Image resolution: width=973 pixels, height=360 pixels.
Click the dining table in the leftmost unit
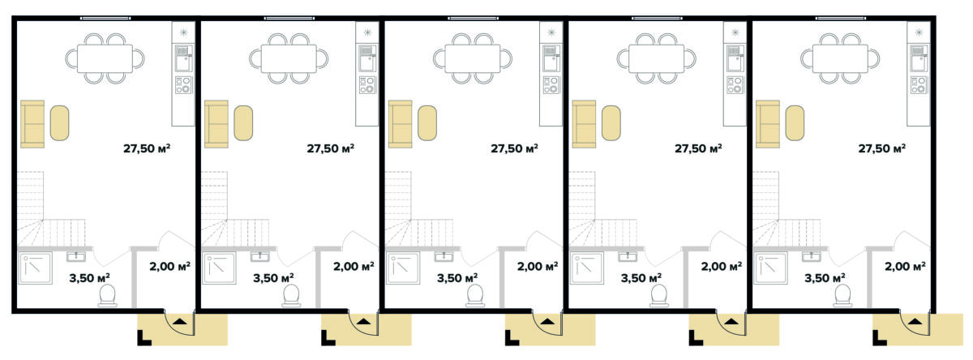[105, 58]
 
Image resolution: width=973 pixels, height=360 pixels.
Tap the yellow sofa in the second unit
[216, 124]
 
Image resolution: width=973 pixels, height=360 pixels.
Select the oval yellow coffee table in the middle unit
[427, 123]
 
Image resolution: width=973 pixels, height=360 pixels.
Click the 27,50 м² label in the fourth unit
[698, 148]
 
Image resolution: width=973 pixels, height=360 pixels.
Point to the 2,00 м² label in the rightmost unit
[905, 266]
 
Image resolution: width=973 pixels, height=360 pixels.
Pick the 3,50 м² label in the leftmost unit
[89, 278]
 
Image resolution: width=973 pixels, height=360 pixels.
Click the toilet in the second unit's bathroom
[291, 295]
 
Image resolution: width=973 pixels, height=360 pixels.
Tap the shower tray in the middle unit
[403, 268]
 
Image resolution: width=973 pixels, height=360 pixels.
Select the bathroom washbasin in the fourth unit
[628, 256]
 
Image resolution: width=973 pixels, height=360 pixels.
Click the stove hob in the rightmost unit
[919, 84]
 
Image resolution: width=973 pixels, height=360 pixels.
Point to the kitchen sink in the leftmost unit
[183, 58]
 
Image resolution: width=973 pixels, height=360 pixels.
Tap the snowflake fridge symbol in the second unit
[367, 32]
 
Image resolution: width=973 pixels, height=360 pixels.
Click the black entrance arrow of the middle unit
[547, 322]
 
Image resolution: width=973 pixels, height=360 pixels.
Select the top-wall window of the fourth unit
[657, 18]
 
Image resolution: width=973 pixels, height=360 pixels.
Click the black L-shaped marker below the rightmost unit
[880, 338]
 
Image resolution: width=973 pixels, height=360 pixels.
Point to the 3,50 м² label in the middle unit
[457, 278]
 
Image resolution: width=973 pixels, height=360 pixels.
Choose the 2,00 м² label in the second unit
[354, 266]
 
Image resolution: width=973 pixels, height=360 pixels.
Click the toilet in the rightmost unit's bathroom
[842, 295]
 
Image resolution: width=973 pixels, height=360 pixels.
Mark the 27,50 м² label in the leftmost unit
[147, 148]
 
